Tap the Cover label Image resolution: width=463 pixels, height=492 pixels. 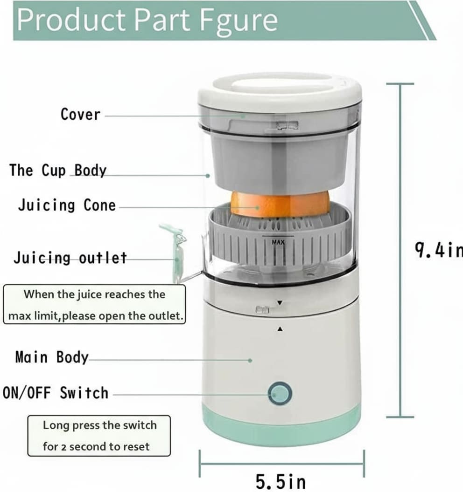[x=80, y=114]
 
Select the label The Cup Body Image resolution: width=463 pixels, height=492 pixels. [x=58, y=170]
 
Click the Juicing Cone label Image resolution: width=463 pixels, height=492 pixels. [x=67, y=205]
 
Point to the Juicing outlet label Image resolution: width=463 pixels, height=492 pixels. [x=70, y=258]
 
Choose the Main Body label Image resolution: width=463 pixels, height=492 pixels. [x=52, y=357]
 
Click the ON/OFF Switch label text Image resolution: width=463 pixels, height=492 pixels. [x=56, y=393]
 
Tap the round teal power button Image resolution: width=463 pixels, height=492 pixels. [x=280, y=394]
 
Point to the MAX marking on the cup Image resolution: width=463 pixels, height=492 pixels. [x=278, y=242]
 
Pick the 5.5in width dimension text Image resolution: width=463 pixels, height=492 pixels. [x=281, y=481]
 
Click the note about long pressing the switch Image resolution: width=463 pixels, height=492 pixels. [x=99, y=436]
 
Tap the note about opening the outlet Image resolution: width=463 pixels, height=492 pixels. [x=94, y=305]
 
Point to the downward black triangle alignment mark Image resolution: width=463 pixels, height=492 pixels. [x=280, y=303]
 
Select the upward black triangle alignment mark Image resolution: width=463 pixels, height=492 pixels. [x=280, y=329]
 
